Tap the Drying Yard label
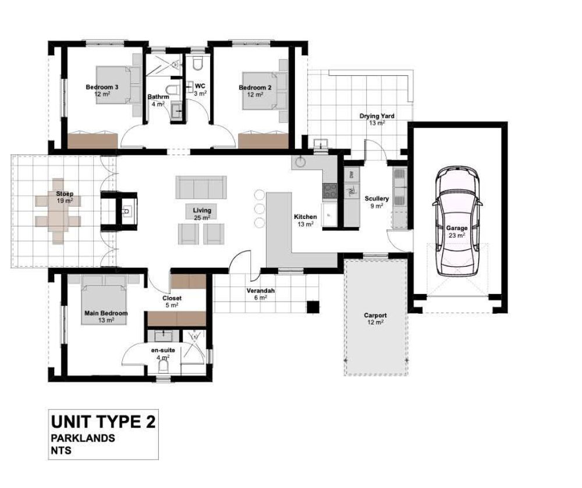(377, 116)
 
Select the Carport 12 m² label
(375, 319)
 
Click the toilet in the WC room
(197, 63)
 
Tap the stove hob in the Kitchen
(329, 191)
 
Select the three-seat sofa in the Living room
(201, 187)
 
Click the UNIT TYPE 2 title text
(103, 422)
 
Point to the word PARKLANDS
(83, 438)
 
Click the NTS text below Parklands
(61, 450)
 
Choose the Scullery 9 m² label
(377, 202)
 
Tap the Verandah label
(261, 291)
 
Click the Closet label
(172, 298)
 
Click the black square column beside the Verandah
(313, 307)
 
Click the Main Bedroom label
(106, 313)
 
